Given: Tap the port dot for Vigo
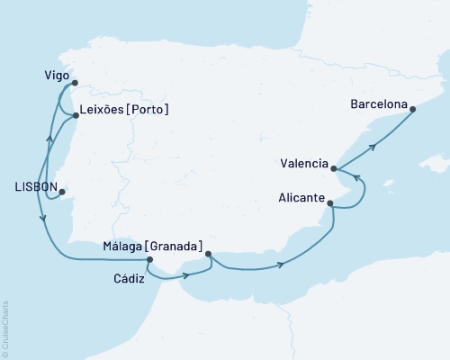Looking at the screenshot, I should tap(75, 83).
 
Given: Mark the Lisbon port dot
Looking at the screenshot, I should tap(60, 190).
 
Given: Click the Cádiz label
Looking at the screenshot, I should tap(130, 278).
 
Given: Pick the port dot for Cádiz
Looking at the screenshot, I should tap(149, 261).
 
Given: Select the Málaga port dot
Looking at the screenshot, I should tap(209, 254).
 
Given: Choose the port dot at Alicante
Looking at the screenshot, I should tap(330, 204).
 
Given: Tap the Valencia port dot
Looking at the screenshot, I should tap(334, 168).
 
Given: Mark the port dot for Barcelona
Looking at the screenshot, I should tap(412, 110).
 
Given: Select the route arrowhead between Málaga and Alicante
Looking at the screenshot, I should tap(283, 264).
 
